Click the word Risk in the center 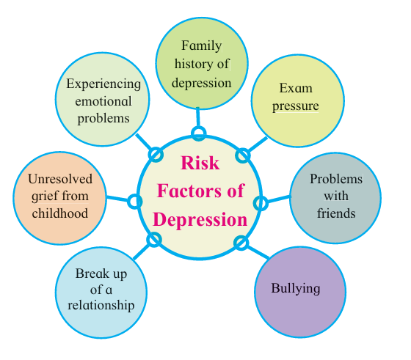[200, 163]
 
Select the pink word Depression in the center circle [200, 219]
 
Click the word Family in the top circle [202, 46]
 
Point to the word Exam [296, 88]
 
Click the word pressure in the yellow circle [295, 106]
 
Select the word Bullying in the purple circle [295, 289]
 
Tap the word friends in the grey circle [336, 213]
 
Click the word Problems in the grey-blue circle [336, 179]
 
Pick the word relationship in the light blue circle [101, 306]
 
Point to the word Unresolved [60, 179]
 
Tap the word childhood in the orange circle [60, 213]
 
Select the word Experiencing [103, 84]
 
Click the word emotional [103, 101]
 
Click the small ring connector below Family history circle [199, 133]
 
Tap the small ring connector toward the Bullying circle [241, 243]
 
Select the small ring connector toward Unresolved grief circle [135, 202]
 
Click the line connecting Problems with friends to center [278, 199]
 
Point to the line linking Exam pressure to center [258, 144]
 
